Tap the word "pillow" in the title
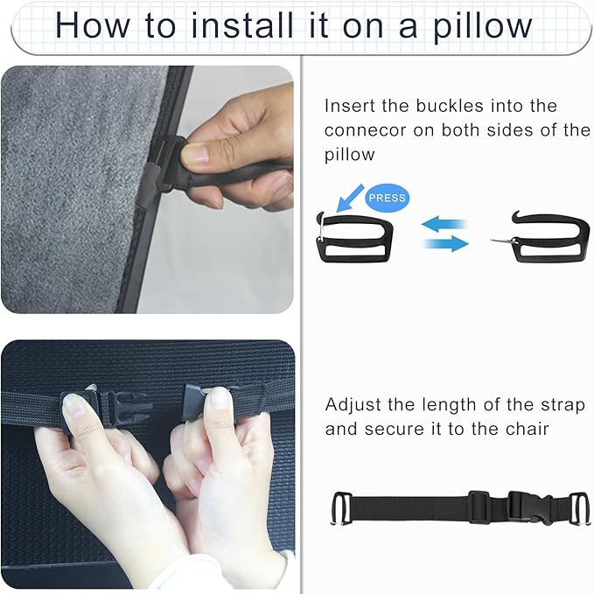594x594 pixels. point(480,25)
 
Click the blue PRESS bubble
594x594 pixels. point(388,198)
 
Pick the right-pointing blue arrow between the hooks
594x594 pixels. point(446,244)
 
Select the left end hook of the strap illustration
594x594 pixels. point(342,508)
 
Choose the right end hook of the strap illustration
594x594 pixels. point(574,508)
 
